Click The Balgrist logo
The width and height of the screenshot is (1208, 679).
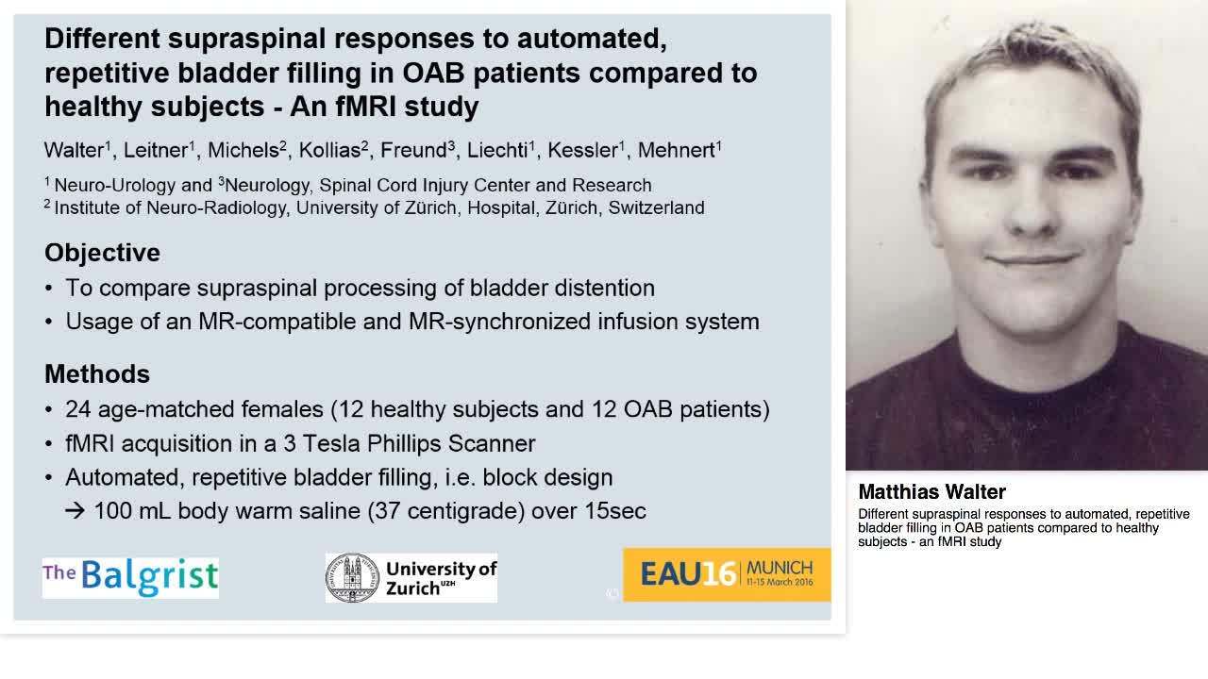tap(130, 577)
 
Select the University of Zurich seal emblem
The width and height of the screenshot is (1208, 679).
tap(351, 577)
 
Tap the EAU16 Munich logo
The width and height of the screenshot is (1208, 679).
tap(727, 574)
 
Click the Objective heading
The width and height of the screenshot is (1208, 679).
tap(102, 253)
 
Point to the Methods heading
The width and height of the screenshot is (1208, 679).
tap(97, 373)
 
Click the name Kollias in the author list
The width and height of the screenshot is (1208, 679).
tap(329, 150)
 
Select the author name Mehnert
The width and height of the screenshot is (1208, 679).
tap(676, 150)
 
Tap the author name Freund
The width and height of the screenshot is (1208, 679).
tap(412, 150)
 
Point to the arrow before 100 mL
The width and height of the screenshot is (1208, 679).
tap(75, 511)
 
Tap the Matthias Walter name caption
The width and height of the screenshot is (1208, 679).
tap(931, 492)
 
